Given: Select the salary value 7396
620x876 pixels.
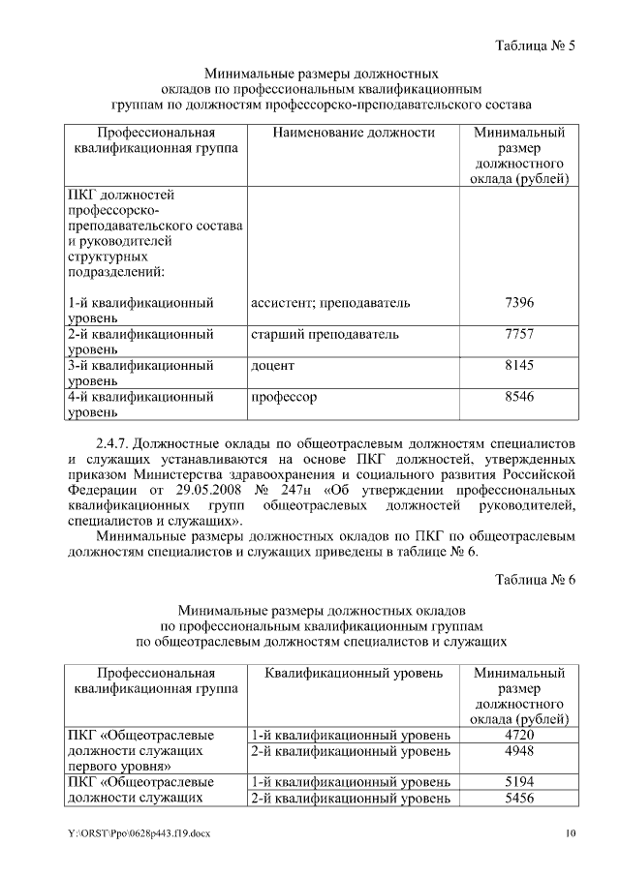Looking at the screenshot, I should click(x=519, y=303).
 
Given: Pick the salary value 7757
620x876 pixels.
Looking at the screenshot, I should click(x=519, y=335).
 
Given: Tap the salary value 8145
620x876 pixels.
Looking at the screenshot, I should click(x=519, y=366).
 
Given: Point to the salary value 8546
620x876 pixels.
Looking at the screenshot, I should click(x=519, y=397).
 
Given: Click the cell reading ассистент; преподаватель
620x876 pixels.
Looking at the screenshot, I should click(x=330, y=303).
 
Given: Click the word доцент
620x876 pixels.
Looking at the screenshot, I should click(x=272, y=366).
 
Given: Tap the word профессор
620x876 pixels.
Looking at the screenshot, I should click(x=284, y=397).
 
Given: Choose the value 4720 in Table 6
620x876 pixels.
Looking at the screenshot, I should click(x=519, y=735).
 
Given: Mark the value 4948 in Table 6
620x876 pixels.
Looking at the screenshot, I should click(x=519, y=750).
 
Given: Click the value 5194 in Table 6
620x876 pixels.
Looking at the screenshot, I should click(x=519, y=781).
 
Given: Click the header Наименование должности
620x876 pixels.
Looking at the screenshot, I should click(x=354, y=133).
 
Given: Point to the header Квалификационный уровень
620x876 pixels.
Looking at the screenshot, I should click(x=354, y=672).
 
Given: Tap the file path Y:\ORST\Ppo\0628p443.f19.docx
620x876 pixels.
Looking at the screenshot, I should click(x=139, y=833).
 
